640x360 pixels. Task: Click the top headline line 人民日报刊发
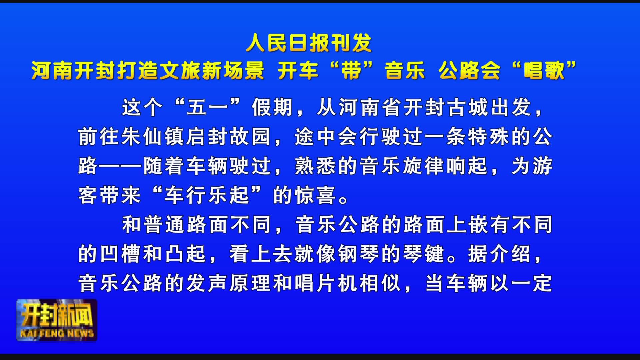309,43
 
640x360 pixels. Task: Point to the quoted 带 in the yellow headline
352,71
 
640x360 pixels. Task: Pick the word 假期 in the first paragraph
272,108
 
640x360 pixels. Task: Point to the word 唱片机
327,284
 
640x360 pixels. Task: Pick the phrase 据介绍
500,254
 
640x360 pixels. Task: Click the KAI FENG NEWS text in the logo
57,333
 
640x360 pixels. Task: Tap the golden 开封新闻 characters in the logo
57,315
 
